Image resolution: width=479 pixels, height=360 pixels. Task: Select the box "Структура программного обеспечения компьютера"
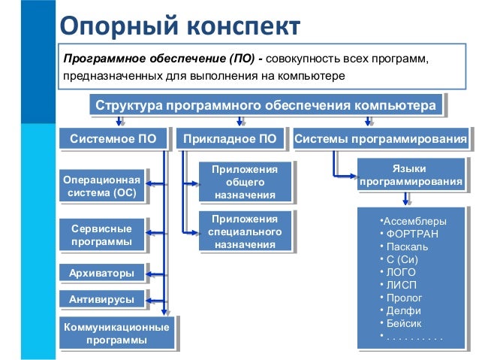pyautogui.click(x=265, y=105)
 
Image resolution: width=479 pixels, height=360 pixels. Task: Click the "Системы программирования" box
pyautogui.click(x=381, y=139)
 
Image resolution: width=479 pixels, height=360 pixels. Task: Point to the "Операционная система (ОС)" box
pyautogui.click(x=101, y=187)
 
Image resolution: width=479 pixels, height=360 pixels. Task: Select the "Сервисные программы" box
pyautogui.click(x=101, y=235)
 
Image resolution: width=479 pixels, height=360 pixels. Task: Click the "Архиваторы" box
pyautogui.click(x=101, y=272)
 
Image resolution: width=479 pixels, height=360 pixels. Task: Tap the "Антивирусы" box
pyautogui.click(x=101, y=299)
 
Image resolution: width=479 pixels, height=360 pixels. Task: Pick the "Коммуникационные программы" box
pyautogui.click(x=116, y=334)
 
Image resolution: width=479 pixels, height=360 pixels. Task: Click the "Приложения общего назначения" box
pyautogui.click(x=244, y=182)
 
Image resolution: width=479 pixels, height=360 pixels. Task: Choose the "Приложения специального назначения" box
pyautogui.click(x=244, y=231)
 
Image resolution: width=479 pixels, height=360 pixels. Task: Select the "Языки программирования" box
pyautogui.click(x=409, y=176)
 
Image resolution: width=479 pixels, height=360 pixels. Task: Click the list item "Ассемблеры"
pyautogui.click(x=414, y=221)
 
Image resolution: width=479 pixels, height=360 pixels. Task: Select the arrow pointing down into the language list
pyautogui.click(x=406, y=199)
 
